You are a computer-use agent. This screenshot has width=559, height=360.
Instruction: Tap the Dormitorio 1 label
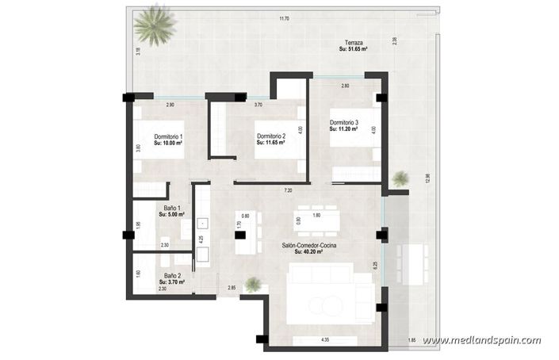click(x=168, y=136)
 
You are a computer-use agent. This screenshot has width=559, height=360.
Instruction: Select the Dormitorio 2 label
click(x=271, y=136)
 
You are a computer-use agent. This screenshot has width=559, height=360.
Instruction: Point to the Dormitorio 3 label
click(x=344, y=123)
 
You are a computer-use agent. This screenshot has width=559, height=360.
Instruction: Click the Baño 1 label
click(x=168, y=208)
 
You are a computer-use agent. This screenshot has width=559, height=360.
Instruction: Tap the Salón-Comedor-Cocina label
click(x=308, y=246)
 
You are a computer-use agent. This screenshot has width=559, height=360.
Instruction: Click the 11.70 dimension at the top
click(x=283, y=18)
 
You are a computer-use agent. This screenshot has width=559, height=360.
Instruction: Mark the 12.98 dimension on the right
click(x=427, y=178)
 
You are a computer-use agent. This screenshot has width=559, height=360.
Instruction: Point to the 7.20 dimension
click(x=288, y=190)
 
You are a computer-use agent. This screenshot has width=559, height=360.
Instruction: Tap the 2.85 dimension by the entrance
click(x=232, y=287)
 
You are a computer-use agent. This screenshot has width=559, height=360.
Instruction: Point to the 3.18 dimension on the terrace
click(x=139, y=52)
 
